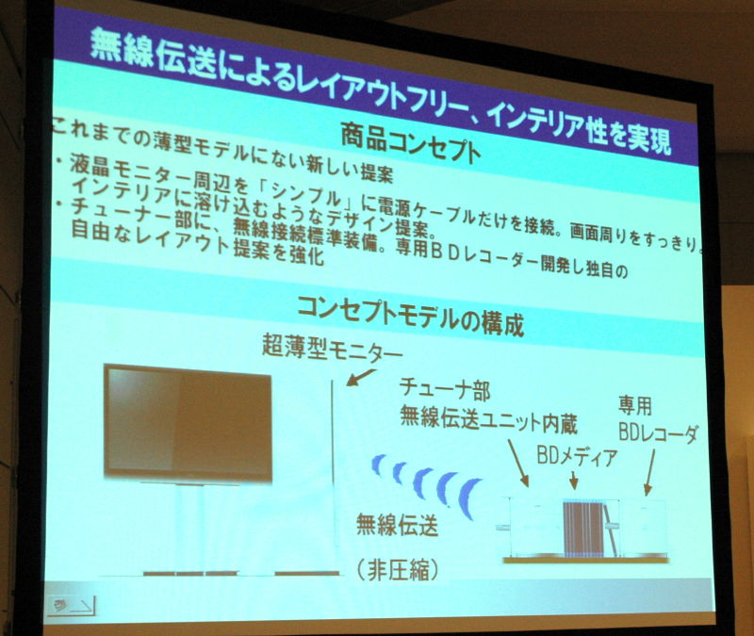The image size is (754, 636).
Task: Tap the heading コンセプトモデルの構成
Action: pyautogui.click(x=410, y=316)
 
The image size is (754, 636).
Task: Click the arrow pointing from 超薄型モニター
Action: pyautogui.click(x=361, y=377)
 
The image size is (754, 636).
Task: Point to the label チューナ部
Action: pyautogui.click(x=445, y=388)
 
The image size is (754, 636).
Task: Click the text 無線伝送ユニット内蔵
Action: pyautogui.click(x=488, y=418)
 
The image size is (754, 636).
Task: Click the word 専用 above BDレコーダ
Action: pyautogui.click(x=634, y=406)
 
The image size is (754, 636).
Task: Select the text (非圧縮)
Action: pyautogui.click(x=398, y=571)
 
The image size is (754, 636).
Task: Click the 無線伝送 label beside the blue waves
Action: pyautogui.click(x=397, y=524)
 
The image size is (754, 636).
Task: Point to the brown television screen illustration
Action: pyautogui.click(x=188, y=423)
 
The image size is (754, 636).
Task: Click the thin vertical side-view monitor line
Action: pyautogui.click(x=333, y=463)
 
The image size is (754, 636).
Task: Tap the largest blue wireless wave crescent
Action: pyautogui.click(x=468, y=498)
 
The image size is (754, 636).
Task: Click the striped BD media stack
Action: pyautogui.click(x=582, y=529)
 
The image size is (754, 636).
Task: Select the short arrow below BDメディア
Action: pyautogui.click(x=573, y=480)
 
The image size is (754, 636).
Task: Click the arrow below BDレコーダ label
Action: pyautogui.click(x=650, y=472)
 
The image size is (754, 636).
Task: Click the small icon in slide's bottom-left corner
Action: pyautogui.click(x=72, y=606)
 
